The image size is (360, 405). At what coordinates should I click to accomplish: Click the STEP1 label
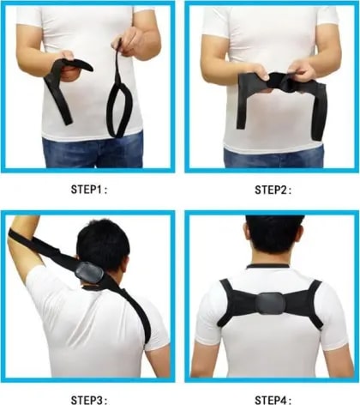(89, 190)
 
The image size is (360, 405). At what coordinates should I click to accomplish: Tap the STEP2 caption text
(273, 190)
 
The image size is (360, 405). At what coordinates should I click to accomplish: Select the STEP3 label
(89, 400)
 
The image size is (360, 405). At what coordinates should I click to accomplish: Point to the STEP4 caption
(273, 400)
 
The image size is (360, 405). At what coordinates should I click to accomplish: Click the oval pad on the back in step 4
(269, 303)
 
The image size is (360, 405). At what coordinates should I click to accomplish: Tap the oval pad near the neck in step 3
(89, 273)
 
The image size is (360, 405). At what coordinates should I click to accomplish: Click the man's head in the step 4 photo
(274, 239)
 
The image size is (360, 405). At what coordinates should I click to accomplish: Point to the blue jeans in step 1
(93, 152)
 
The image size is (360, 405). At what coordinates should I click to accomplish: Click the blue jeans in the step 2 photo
(273, 157)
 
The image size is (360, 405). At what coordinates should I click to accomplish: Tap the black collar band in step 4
(268, 266)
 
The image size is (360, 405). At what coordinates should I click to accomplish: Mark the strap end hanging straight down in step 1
(58, 100)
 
